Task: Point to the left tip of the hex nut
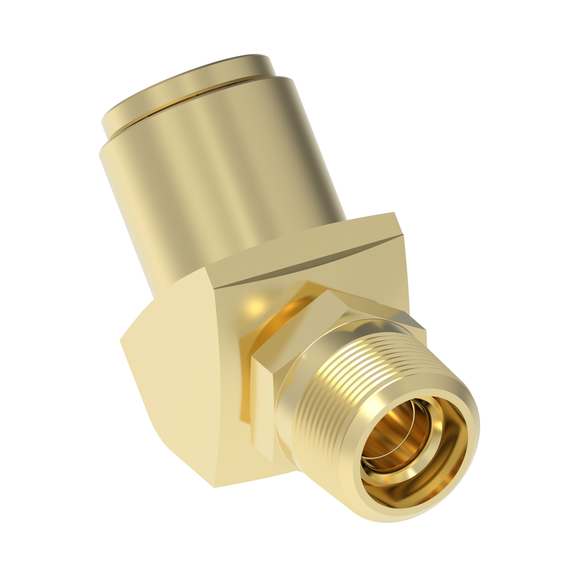pyautogui.click(x=252, y=357)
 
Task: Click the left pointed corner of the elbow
pyautogui.click(x=120, y=340)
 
